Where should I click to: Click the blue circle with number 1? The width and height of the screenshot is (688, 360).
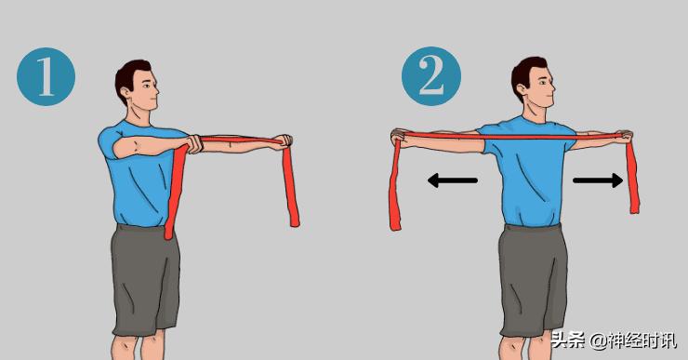coord(46,77)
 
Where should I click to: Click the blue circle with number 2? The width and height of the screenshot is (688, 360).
coord(431,76)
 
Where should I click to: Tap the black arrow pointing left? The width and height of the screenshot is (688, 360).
coord(453,180)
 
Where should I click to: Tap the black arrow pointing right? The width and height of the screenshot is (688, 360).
coord(598,180)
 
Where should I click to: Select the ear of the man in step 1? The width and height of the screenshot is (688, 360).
coord(126,93)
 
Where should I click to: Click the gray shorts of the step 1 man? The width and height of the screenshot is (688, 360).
coord(145,280)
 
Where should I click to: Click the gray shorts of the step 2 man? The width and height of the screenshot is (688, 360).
coord(533,280)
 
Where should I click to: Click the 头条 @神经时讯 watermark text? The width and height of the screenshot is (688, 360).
coord(614,340)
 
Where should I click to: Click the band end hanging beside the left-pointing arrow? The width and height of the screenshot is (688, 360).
coord(395,184)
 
